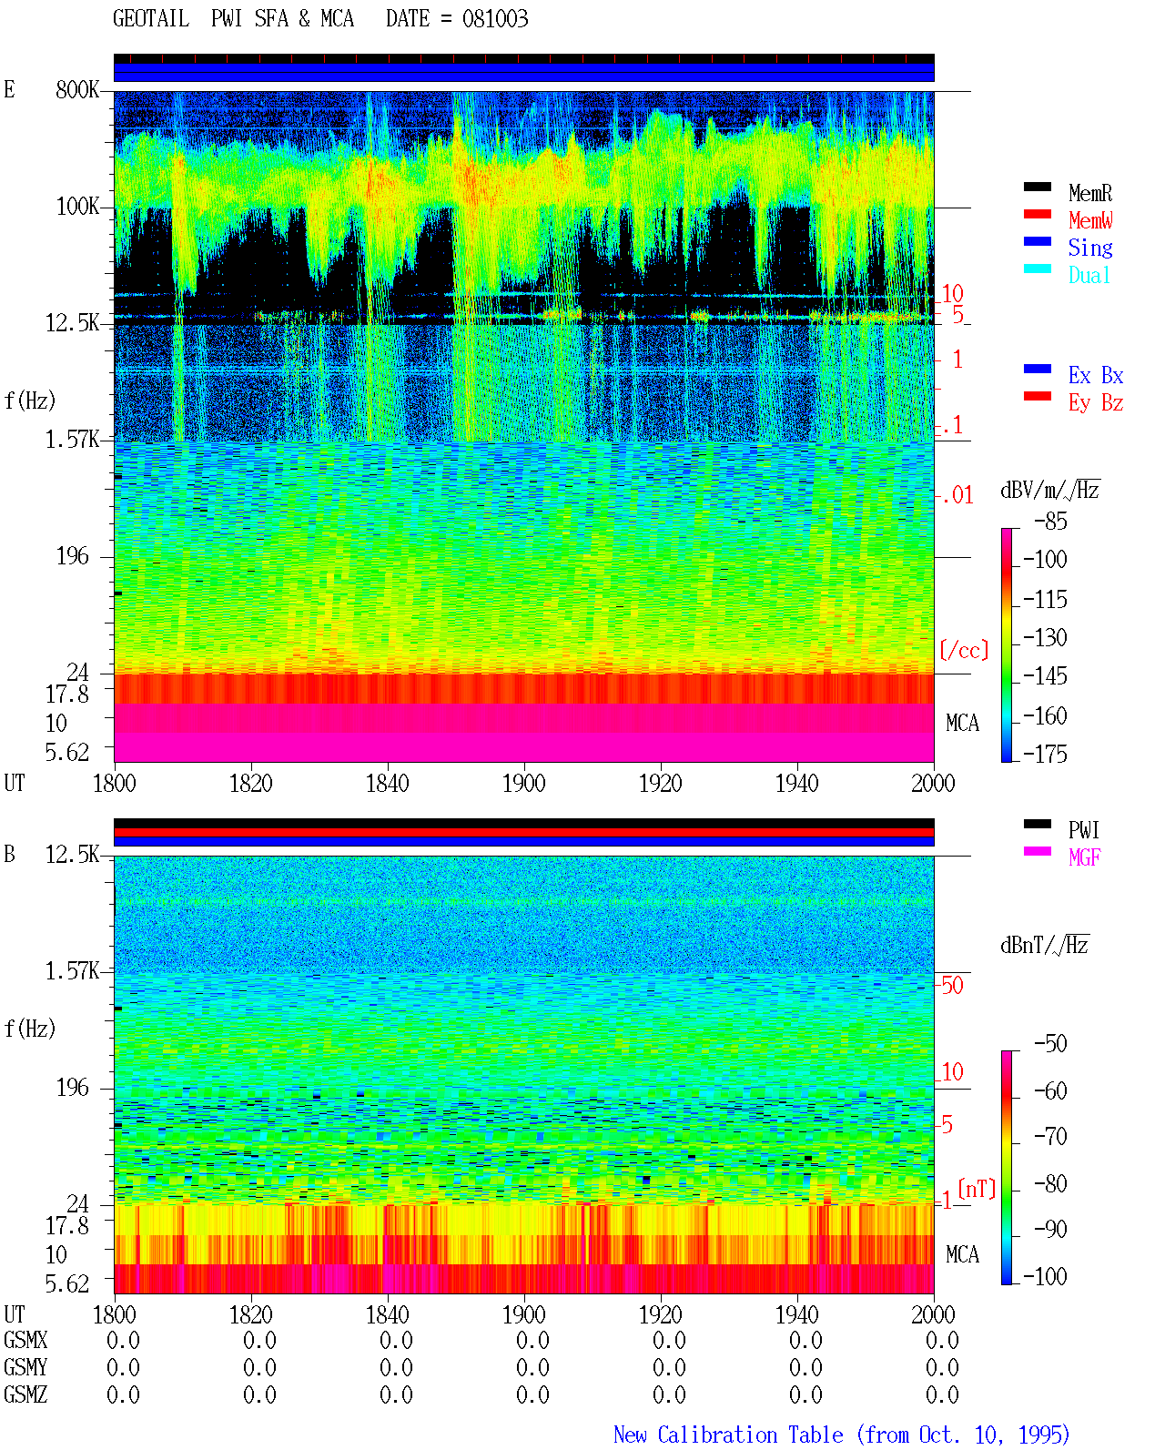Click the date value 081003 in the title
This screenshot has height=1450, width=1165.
[x=494, y=19]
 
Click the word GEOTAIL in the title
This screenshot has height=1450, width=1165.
[x=151, y=19]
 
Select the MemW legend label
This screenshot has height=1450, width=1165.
[x=1090, y=220]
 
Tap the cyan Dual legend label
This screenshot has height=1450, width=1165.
[x=1089, y=275]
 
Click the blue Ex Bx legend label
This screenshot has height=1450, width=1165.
[x=1096, y=375]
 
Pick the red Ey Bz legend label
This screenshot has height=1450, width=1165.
[x=1096, y=403]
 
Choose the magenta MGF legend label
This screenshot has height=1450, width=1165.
[x=1084, y=857]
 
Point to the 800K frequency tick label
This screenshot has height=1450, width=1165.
[x=77, y=89]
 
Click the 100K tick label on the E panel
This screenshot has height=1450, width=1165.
[x=77, y=207]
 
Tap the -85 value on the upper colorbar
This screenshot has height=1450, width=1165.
[x=1050, y=521]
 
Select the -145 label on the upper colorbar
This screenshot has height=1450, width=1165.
[x=1045, y=675]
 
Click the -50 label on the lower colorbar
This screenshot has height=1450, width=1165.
[x=1050, y=1044]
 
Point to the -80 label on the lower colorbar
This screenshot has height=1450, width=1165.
[x=1050, y=1184]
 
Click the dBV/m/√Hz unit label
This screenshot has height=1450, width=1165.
[x=1049, y=490]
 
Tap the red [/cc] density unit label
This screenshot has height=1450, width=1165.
[x=964, y=650]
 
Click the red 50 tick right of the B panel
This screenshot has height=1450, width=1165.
[x=952, y=986]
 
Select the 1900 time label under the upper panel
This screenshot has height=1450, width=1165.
[x=523, y=784]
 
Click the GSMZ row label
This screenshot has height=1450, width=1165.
[x=25, y=1394]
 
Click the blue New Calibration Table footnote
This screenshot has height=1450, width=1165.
[x=841, y=1435]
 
